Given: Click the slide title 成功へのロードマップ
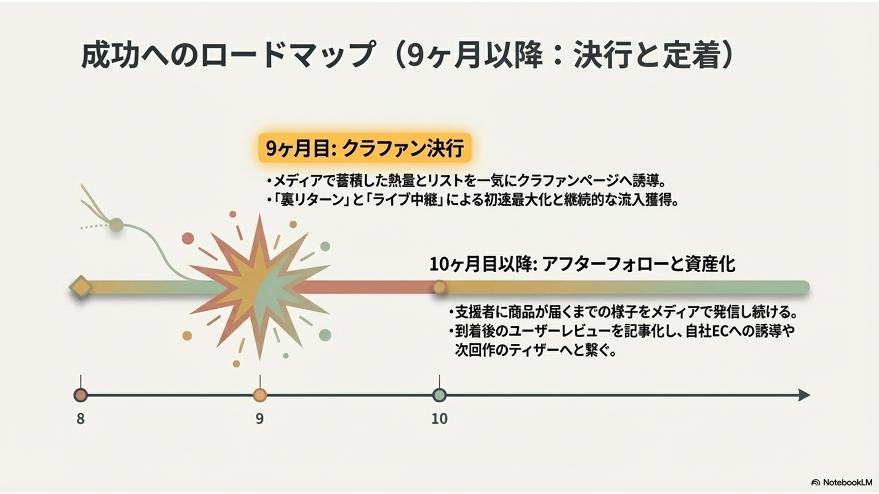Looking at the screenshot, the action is (228, 55).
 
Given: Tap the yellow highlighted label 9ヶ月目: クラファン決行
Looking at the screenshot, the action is (365, 148).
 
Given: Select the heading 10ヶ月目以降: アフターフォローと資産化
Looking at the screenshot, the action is (582, 264).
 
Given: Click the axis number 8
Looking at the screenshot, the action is (80, 419).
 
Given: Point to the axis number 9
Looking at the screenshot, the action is (260, 419).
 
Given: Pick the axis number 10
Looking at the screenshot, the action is (440, 419).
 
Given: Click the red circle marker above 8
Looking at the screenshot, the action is (80, 395).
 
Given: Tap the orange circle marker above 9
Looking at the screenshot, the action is (260, 395).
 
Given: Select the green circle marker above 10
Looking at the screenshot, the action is (440, 395).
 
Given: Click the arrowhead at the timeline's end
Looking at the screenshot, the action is (804, 395).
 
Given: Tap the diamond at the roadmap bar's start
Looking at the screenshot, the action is (81, 287).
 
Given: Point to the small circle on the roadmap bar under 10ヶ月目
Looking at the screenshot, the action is (440, 287).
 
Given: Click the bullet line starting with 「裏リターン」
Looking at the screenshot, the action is (473, 200).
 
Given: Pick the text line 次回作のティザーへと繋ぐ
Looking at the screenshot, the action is (535, 349).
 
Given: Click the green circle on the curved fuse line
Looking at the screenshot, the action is (116, 225).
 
